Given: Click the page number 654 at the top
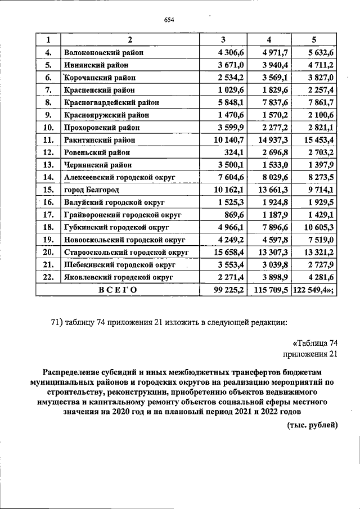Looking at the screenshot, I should coord(169,21).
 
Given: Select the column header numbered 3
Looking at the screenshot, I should coord(223,39).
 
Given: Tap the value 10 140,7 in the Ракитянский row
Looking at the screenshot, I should coord(227,139).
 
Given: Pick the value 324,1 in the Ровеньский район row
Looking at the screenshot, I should coord(233,152).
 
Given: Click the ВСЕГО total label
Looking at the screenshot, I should coord(118,289).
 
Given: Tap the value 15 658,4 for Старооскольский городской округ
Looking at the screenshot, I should coord(227,252).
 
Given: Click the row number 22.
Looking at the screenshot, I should coord(48,277).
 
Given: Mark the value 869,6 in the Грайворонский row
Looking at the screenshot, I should coord(233,214).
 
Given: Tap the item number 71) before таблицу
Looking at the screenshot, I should coord(57,322).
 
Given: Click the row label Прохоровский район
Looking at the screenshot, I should coord(101,127).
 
